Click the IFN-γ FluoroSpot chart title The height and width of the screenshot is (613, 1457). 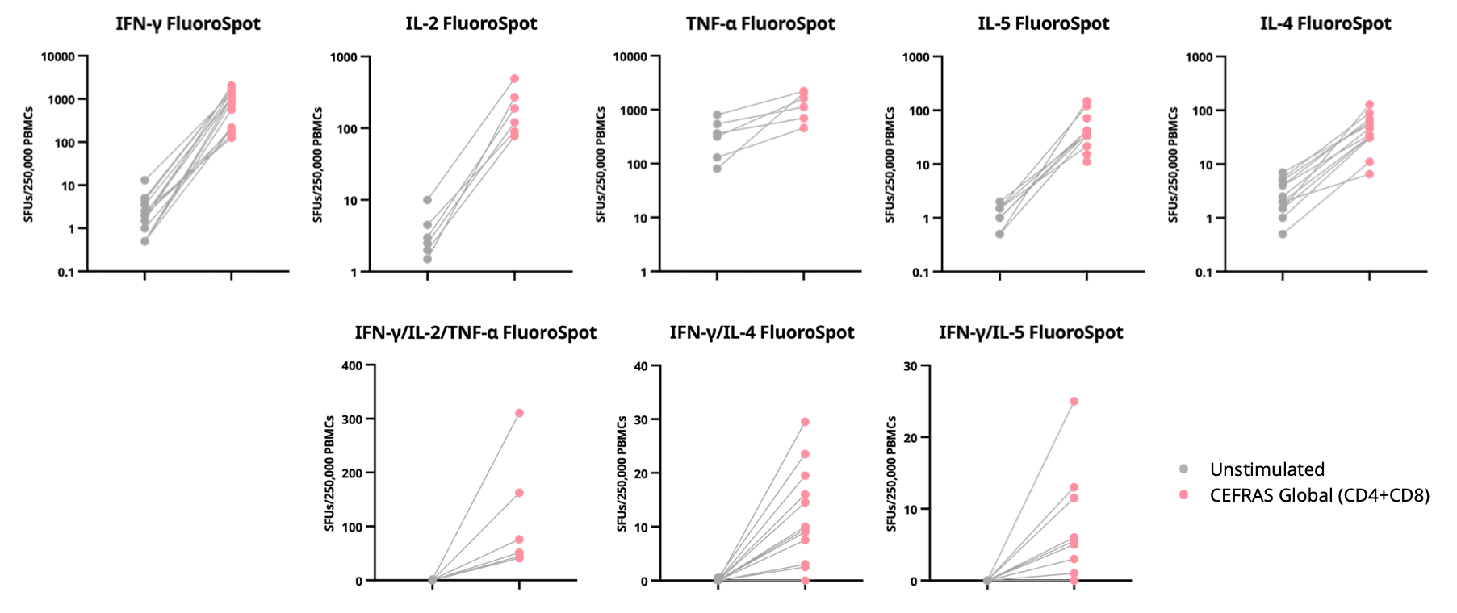187,23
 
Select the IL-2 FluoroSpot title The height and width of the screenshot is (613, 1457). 471,23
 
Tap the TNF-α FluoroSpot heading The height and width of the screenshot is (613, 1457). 760,23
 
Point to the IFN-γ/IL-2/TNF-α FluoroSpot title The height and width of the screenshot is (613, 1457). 475,332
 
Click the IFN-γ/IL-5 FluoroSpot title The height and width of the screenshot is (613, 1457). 1031,332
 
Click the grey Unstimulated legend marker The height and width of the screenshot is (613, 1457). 1183,469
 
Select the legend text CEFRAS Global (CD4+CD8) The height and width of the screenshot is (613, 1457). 1319,495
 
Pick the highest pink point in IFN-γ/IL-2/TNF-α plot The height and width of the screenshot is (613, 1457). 519,413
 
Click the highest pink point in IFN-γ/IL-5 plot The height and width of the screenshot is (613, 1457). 1074,401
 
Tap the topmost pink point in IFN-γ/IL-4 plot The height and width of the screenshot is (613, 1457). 805,422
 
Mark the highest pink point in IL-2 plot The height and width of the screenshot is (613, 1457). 514,79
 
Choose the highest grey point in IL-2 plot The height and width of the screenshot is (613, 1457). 427,200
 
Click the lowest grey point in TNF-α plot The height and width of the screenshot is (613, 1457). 717,169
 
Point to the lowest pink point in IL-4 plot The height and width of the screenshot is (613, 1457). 1369,174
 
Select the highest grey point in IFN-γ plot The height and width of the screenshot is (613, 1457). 144,180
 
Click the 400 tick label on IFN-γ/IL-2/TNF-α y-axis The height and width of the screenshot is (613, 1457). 352,366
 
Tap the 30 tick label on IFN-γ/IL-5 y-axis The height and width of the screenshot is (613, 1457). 910,366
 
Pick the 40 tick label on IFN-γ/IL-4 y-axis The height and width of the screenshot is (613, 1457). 641,366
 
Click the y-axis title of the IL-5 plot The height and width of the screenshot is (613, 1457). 890,165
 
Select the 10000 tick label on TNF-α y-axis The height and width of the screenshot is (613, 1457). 630,57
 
